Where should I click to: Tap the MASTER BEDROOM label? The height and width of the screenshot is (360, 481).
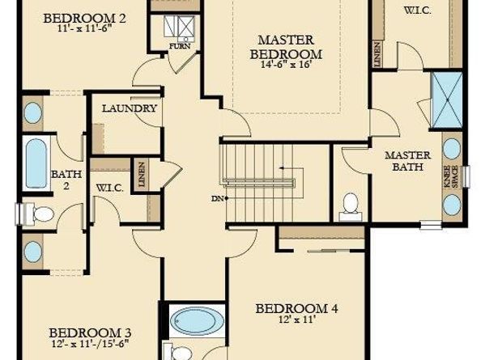[x=290, y=47]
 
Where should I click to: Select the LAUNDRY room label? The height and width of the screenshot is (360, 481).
[x=130, y=108]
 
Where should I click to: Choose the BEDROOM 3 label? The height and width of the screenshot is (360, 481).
[x=90, y=332]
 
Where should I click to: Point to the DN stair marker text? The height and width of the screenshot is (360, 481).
[x=216, y=198]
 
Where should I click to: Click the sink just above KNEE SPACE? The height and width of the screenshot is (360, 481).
[x=451, y=148]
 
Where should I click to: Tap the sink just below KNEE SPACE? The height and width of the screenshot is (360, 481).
[x=451, y=204]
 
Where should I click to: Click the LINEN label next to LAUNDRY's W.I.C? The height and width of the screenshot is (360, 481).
[x=142, y=174]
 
